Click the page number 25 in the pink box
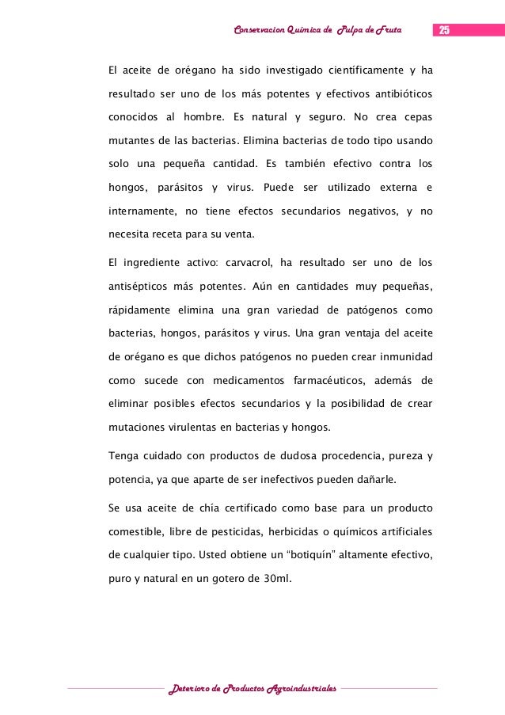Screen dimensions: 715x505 pos(443,30)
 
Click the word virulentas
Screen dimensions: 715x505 pos(188,428)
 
